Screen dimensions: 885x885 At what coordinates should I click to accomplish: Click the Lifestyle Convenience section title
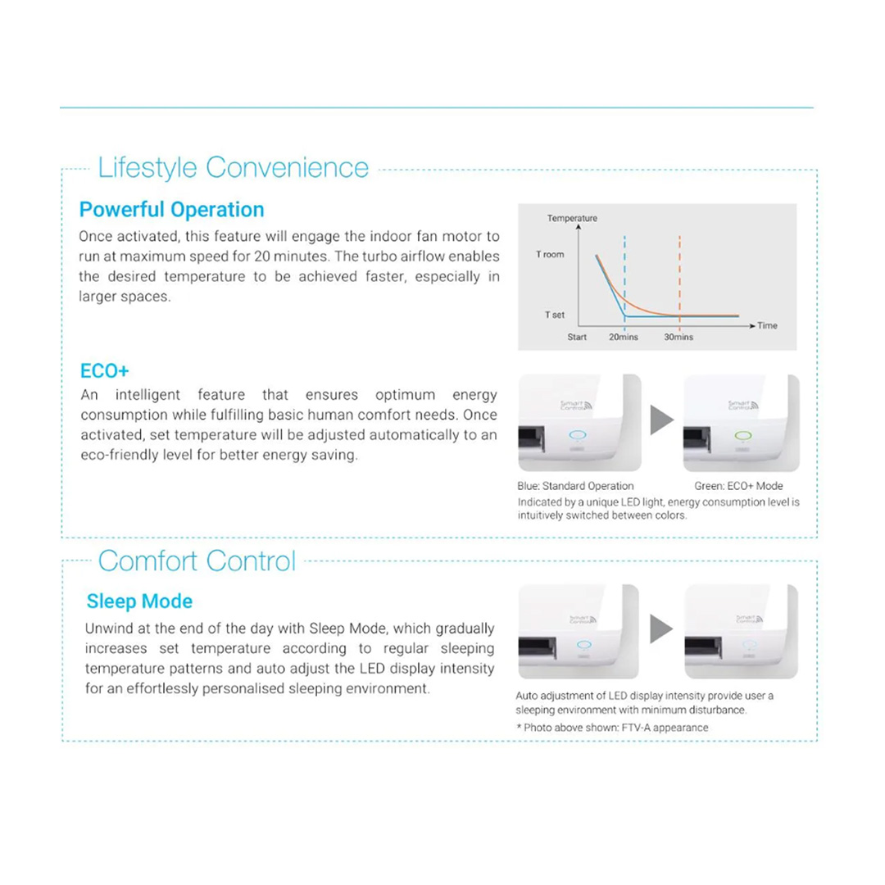234,168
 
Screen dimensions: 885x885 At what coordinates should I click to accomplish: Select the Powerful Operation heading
171,210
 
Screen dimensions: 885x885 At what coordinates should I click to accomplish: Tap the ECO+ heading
104,370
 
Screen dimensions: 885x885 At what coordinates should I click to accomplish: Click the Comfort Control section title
197,561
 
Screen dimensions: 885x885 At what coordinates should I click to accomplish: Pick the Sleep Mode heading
139,601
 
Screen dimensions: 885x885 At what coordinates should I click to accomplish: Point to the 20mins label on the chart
624,337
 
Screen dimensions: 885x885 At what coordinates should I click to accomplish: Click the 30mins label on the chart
678,337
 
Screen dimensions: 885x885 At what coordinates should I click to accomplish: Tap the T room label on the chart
550,255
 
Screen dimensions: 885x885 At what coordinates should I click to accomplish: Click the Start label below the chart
577,337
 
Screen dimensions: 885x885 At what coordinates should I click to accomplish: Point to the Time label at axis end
768,326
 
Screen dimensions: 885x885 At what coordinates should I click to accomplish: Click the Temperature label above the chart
572,219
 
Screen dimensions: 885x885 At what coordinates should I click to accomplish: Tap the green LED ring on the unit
742,436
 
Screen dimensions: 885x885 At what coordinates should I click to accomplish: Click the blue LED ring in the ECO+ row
576,436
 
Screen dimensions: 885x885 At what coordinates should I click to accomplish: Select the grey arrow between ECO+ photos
662,420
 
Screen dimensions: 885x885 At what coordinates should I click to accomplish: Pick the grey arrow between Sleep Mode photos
662,629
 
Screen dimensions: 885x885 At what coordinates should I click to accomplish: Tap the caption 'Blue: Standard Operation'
575,486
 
